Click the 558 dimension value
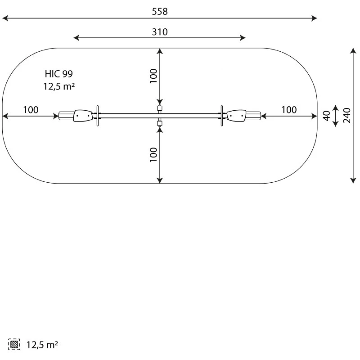[160, 11]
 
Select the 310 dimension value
[160, 32]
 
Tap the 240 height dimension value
[346, 116]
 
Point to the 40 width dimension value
[327, 116]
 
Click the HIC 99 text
[59, 74]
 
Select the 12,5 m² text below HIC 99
[59, 86]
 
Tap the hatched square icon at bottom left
[14, 344]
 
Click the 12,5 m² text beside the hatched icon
[42, 345]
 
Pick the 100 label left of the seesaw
[31, 110]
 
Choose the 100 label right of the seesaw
[289, 110]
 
